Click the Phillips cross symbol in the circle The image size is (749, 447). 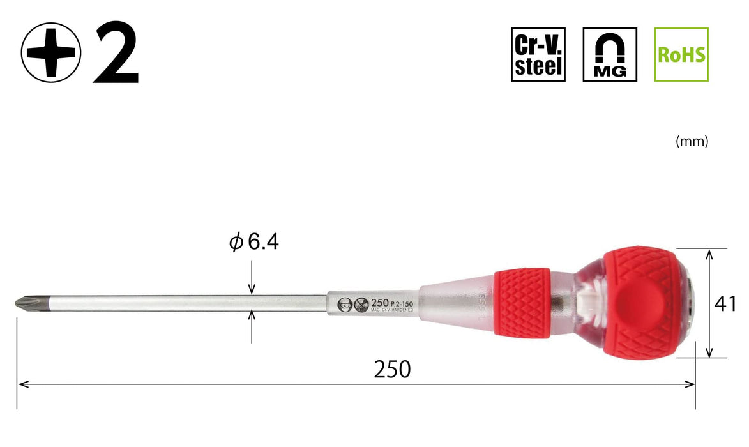pos(51,54)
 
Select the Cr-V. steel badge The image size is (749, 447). pos(538,54)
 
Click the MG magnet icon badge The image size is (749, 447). pos(610,54)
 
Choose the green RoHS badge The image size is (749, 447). pos(681,54)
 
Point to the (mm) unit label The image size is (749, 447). pos(692,142)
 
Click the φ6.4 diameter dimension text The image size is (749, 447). pos(254,243)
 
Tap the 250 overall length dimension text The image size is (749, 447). pos(392,369)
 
